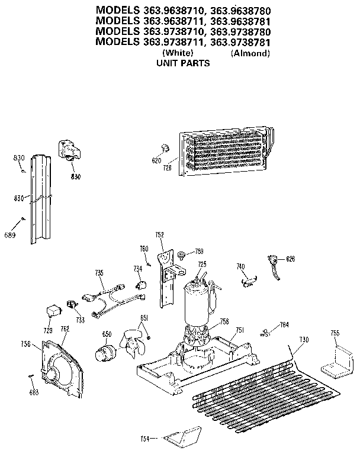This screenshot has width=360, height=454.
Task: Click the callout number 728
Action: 168,168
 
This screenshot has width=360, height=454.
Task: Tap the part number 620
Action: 156,160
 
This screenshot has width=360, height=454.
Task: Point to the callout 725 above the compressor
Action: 202,264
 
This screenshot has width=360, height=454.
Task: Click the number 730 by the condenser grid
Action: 303,339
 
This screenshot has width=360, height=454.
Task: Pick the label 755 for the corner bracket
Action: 335,334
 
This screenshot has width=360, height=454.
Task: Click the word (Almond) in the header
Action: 250,53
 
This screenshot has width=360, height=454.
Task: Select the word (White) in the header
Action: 174,53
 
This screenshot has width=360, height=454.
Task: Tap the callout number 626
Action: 290,259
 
